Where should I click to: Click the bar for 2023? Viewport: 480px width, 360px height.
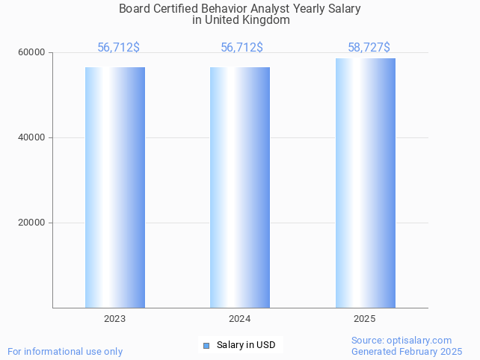pos(114,187)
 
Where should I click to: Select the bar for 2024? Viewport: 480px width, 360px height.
pos(240,187)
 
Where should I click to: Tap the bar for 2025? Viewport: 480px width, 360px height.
pos(365,183)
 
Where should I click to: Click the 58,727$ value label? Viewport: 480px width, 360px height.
pos(369,48)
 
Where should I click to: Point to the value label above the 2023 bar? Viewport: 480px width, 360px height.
pos(118,48)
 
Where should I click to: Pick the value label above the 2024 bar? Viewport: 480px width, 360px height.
pos(241,48)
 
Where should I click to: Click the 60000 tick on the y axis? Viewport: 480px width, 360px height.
pos(33,53)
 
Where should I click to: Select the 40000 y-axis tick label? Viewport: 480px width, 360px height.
pos(33,138)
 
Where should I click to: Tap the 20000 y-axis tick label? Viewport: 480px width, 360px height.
pos(33,223)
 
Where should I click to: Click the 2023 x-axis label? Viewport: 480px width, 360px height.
pos(114,319)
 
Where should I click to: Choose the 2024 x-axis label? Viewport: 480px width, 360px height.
pos(240,319)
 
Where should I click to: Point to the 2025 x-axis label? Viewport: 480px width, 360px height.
pos(365,319)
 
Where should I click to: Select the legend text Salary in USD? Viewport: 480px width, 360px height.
pos(246,345)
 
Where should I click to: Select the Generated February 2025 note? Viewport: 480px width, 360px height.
pos(407,351)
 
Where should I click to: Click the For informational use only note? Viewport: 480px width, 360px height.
pos(65,351)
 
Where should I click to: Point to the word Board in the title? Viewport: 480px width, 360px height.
pos(135,9)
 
